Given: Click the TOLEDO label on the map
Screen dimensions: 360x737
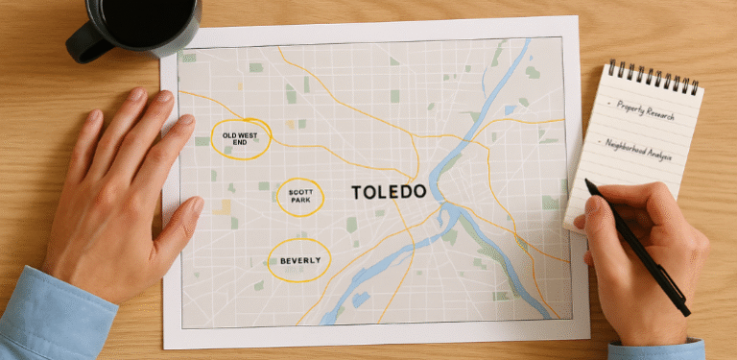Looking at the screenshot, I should pos(389,192).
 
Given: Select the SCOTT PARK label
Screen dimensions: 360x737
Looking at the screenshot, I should pos(299,197).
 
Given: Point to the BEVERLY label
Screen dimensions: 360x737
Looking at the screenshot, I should pos(298,259).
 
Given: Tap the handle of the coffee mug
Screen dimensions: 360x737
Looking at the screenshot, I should pos(81,43).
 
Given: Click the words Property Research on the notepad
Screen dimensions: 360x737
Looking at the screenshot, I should pos(644,111).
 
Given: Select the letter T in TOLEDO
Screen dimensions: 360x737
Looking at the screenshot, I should pos(358,192).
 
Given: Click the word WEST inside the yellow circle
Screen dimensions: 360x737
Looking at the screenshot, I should pos(248,133).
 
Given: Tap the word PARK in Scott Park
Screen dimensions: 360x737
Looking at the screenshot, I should pos(299,201).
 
